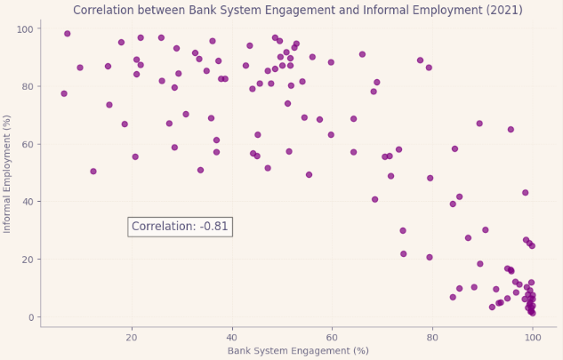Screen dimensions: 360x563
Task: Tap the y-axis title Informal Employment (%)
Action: (x=8, y=173)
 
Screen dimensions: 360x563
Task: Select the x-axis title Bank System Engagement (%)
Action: (x=298, y=351)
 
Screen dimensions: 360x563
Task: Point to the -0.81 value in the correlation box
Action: (x=214, y=227)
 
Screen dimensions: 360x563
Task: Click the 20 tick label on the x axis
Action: (x=132, y=336)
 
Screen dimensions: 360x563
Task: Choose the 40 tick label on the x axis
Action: (x=231, y=336)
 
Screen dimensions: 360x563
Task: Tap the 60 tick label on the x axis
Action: (x=332, y=336)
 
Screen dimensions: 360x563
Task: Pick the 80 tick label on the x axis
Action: (x=432, y=336)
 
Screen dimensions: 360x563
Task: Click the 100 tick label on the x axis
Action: (x=532, y=336)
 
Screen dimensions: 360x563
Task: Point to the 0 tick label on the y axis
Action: (x=31, y=317)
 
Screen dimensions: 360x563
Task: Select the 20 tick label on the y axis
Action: (x=28, y=260)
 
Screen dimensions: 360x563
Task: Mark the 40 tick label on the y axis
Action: (x=28, y=202)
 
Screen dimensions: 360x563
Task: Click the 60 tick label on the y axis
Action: (x=28, y=144)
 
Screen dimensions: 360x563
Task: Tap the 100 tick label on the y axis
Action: (x=26, y=29)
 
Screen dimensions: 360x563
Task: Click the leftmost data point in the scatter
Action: (x=64, y=93)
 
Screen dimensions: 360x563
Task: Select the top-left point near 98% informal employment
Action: (x=68, y=34)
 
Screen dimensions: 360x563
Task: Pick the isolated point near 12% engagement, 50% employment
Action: (x=93, y=172)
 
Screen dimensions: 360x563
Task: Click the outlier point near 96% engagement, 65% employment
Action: (x=511, y=130)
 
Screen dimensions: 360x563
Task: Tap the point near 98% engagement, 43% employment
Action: (x=526, y=193)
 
